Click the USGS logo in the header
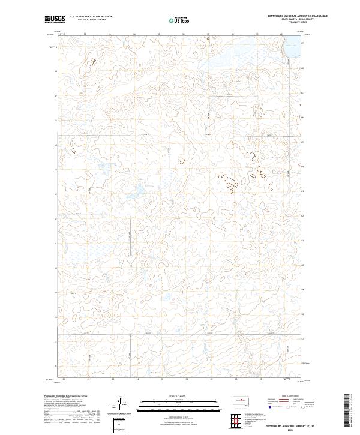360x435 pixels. click(x=55, y=20)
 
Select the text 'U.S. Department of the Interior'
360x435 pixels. click(x=91, y=17)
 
